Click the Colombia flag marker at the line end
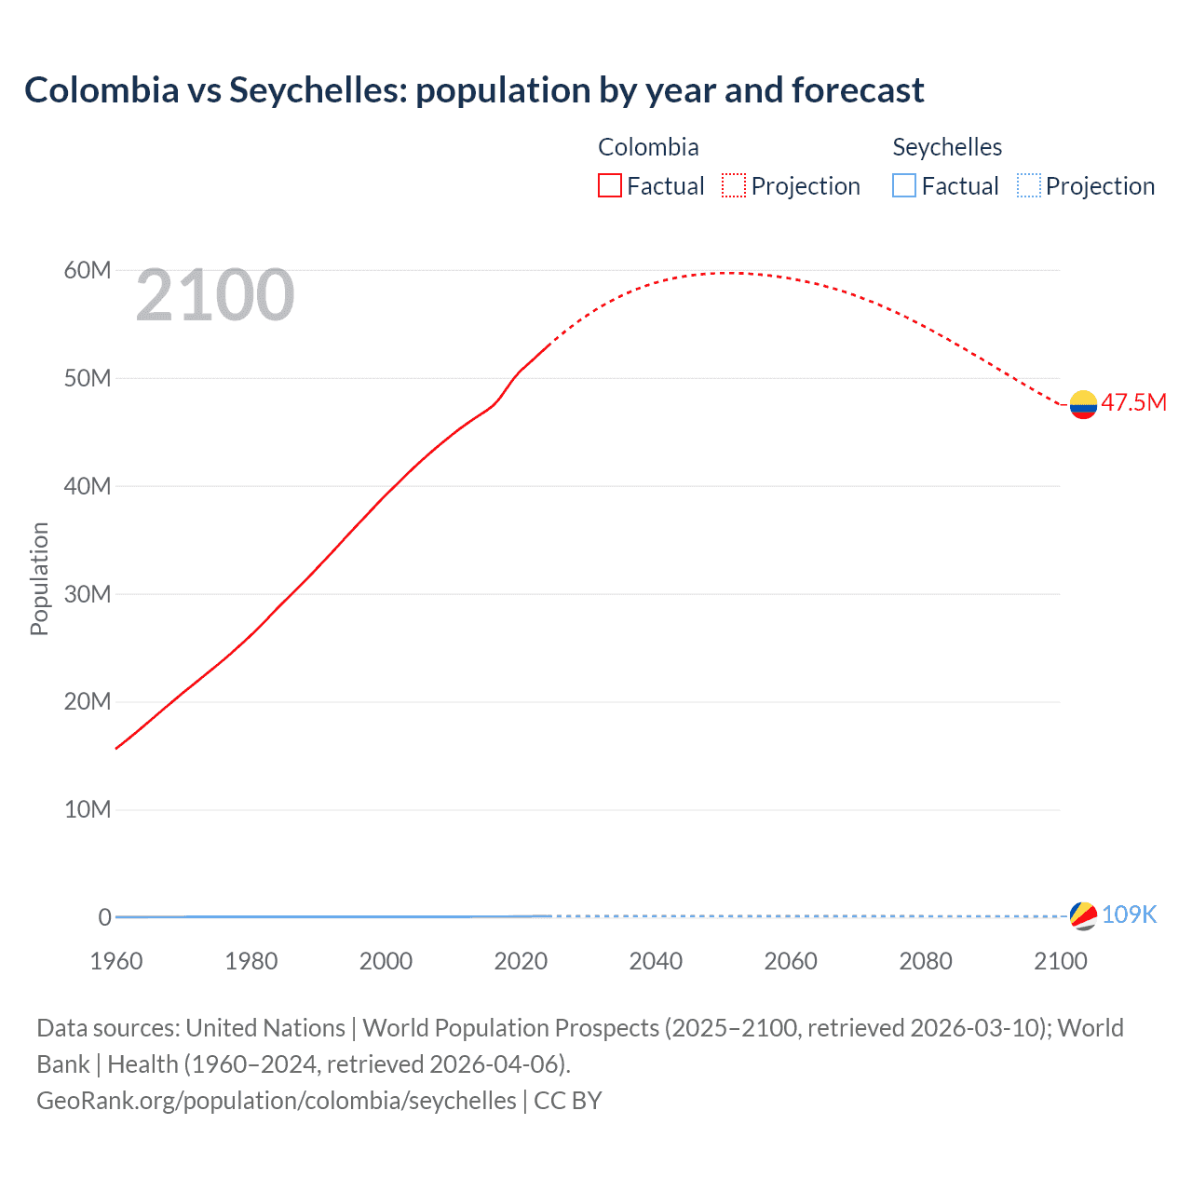(x=1083, y=404)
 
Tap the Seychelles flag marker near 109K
(x=1083, y=915)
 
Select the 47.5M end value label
(x=1133, y=403)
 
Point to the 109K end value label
(x=1129, y=914)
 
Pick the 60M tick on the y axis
(x=88, y=271)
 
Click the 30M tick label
(x=88, y=594)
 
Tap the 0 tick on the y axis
(x=104, y=917)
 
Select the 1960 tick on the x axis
(x=116, y=961)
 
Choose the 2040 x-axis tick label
(x=656, y=961)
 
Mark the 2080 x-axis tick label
(x=926, y=961)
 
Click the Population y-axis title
(x=39, y=578)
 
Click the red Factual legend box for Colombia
(x=610, y=185)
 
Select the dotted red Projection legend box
(x=734, y=185)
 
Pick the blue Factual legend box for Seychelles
(x=904, y=185)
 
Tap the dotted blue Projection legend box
(x=1028, y=185)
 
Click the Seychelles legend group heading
(x=947, y=147)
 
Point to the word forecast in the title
(x=858, y=90)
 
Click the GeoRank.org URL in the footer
(x=276, y=1101)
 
